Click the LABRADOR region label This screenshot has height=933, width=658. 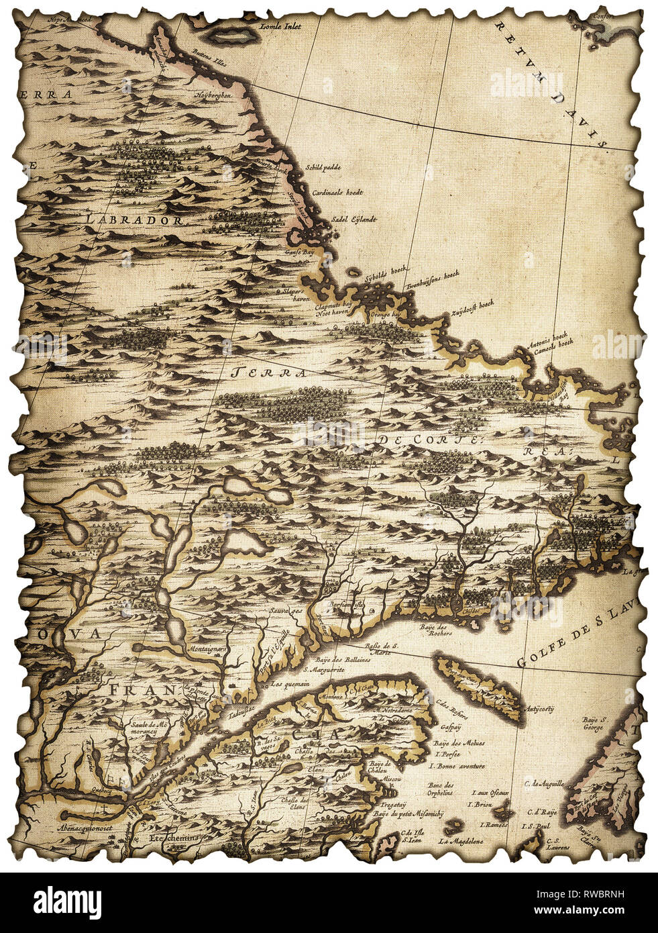(133, 219)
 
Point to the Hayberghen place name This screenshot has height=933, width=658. (213, 96)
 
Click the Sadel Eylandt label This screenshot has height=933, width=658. (354, 219)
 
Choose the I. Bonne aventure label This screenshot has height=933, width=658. (457, 765)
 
